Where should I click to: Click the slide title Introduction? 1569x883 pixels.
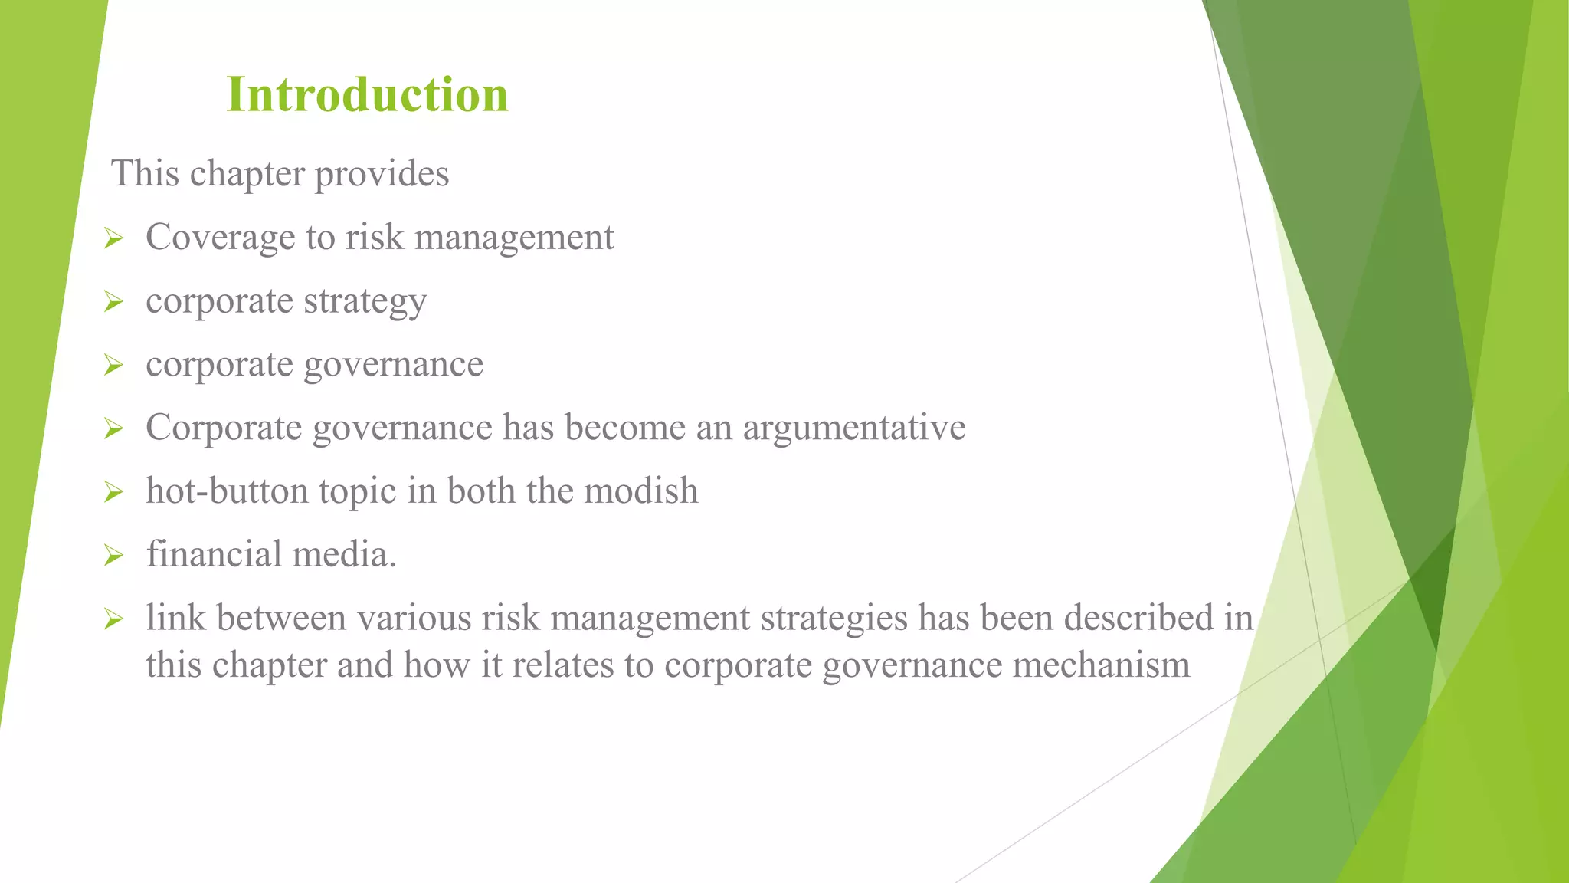(x=367, y=95)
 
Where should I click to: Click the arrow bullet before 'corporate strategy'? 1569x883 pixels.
(x=113, y=301)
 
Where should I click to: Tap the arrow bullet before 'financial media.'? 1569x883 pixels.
(x=113, y=555)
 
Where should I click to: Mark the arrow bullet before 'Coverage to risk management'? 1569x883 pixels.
(x=113, y=238)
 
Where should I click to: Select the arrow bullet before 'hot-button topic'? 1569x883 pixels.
(x=113, y=491)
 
